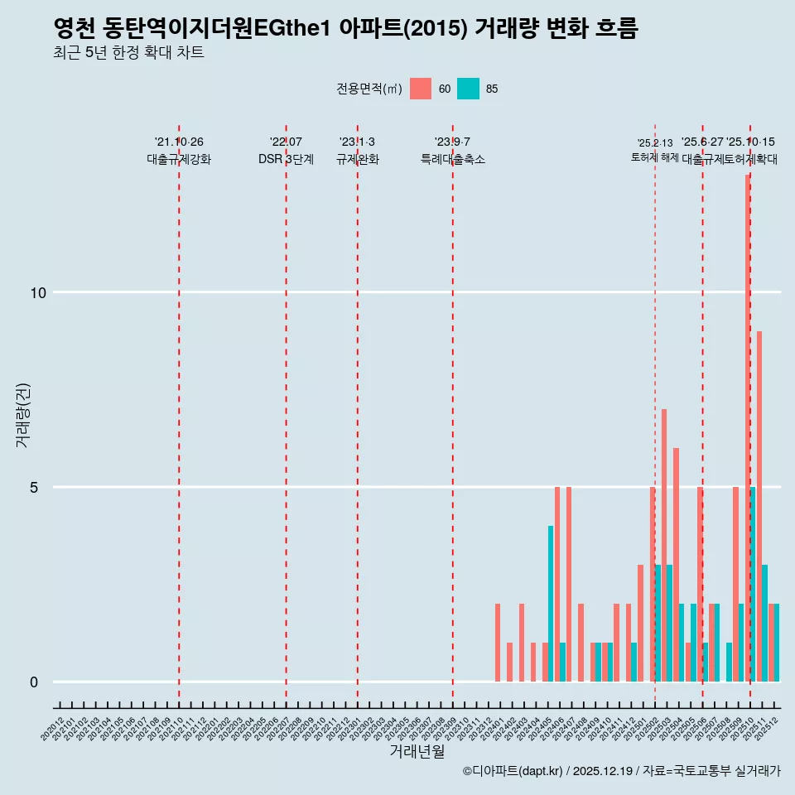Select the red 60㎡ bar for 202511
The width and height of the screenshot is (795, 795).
pyautogui.click(x=759, y=505)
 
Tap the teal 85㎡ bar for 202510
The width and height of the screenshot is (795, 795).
pyautogui.click(x=753, y=584)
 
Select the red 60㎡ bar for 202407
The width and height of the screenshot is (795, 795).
pyautogui.click(x=569, y=584)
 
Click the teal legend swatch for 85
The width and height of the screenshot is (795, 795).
pyautogui.click(x=468, y=89)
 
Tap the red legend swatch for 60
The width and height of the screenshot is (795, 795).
pyautogui.click(x=421, y=89)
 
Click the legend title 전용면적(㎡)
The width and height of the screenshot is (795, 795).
pyautogui.click(x=369, y=89)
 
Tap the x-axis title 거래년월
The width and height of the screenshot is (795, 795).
pyautogui.click(x=417, y=751)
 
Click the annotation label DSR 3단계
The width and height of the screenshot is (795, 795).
pyautogui.click(x=286, y=159)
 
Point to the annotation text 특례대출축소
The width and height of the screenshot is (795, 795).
pyautogui.click(x=452, y=159)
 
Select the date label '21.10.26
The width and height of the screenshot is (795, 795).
pyautogui.click(x=179, y=142)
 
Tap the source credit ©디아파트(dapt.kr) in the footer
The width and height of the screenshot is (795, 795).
pyautogui.click(x=513, y=771)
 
